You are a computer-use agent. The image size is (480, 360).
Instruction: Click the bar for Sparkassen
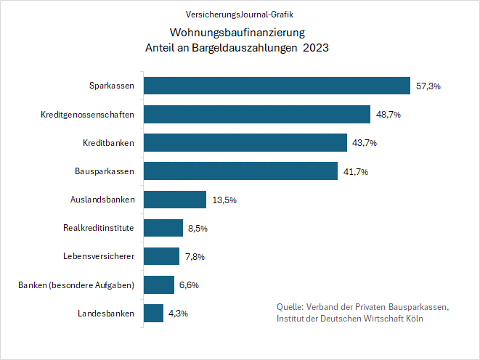click(x=277, y=86)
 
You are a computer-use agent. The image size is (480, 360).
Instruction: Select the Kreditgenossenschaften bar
click(x=257, y=114)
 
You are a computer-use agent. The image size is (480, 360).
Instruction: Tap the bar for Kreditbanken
click(x=245, y=142)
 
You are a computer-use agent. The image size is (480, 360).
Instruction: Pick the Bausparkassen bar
click(x=240, y=171)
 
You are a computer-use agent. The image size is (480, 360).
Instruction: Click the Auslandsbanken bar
click(x=175, y=200)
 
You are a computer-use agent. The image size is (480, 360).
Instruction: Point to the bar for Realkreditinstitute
click(x=163, y=228)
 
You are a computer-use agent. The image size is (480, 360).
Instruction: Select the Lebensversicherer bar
click(x=161, y=256)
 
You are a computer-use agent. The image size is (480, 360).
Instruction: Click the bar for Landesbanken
click(x=153, y=313)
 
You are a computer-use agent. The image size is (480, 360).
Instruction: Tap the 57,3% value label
click(x=428, y=86)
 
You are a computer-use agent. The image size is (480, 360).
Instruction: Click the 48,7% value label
click(x=388, y=115)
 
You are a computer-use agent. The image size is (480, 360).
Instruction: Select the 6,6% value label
click(x=189, y=285)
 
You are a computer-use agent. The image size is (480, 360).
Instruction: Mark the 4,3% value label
click(x=178, y=314)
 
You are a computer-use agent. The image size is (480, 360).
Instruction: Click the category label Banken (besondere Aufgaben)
click(x=76, y=285)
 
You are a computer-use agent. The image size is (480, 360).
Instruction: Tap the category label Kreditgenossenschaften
click(x=88, y=114)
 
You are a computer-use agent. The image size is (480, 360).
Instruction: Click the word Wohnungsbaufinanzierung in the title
click(x=237, y=33)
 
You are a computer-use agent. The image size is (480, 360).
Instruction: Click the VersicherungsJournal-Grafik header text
click(x=240, y=14)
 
